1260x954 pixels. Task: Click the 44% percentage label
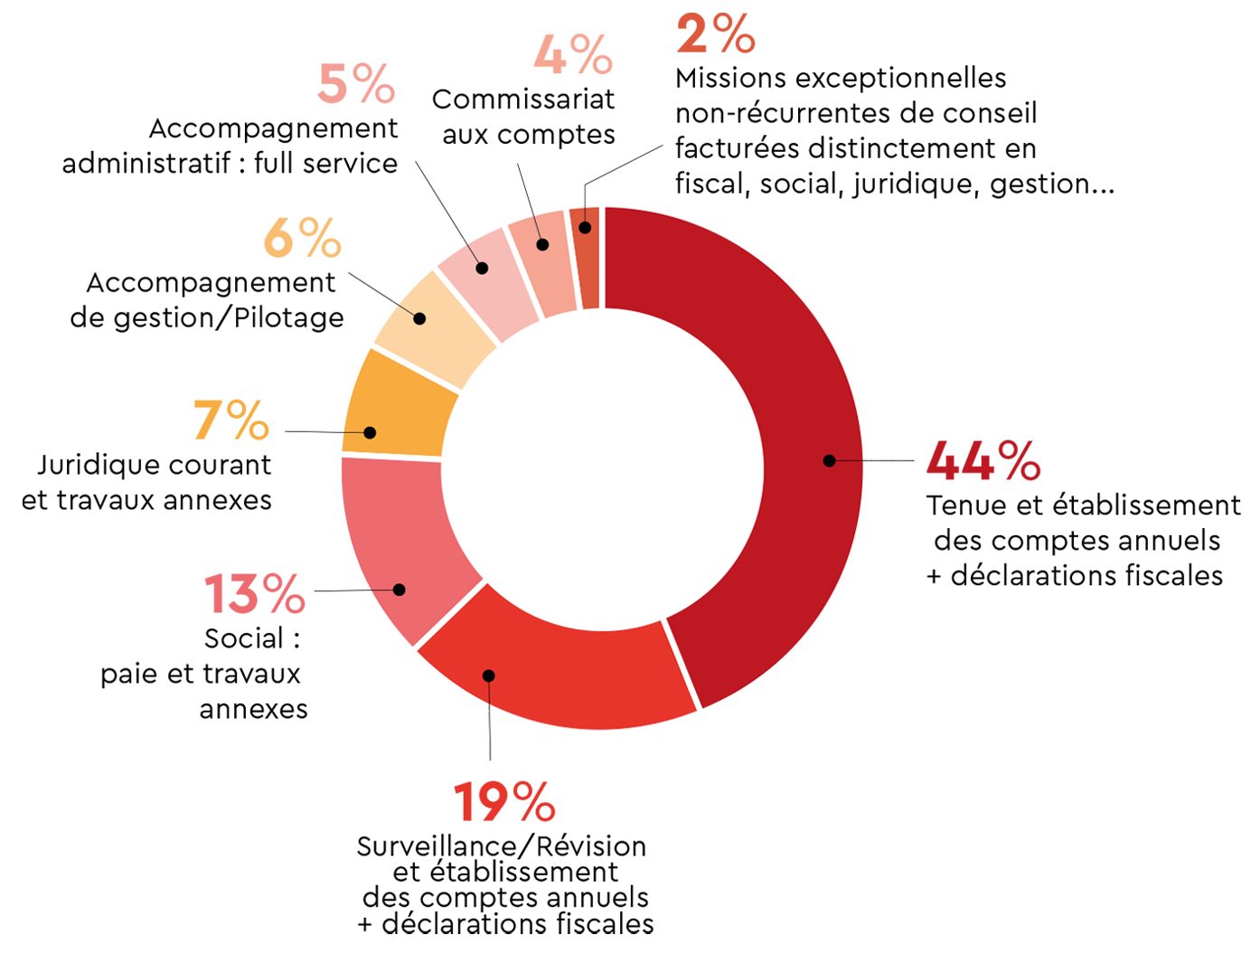(983, 460)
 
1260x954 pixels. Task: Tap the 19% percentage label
(503, 801)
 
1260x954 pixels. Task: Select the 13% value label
(254, 594)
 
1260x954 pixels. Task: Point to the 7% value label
(231, 420)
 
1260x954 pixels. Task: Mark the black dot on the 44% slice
(829, 460)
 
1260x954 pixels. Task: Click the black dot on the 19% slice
(488, 675)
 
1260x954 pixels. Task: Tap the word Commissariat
(523, 99)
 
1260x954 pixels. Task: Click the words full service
(325, 164)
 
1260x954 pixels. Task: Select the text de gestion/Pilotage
(207, 318)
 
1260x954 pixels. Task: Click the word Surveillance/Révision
(502, 846)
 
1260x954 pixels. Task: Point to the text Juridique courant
(154, 465)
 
